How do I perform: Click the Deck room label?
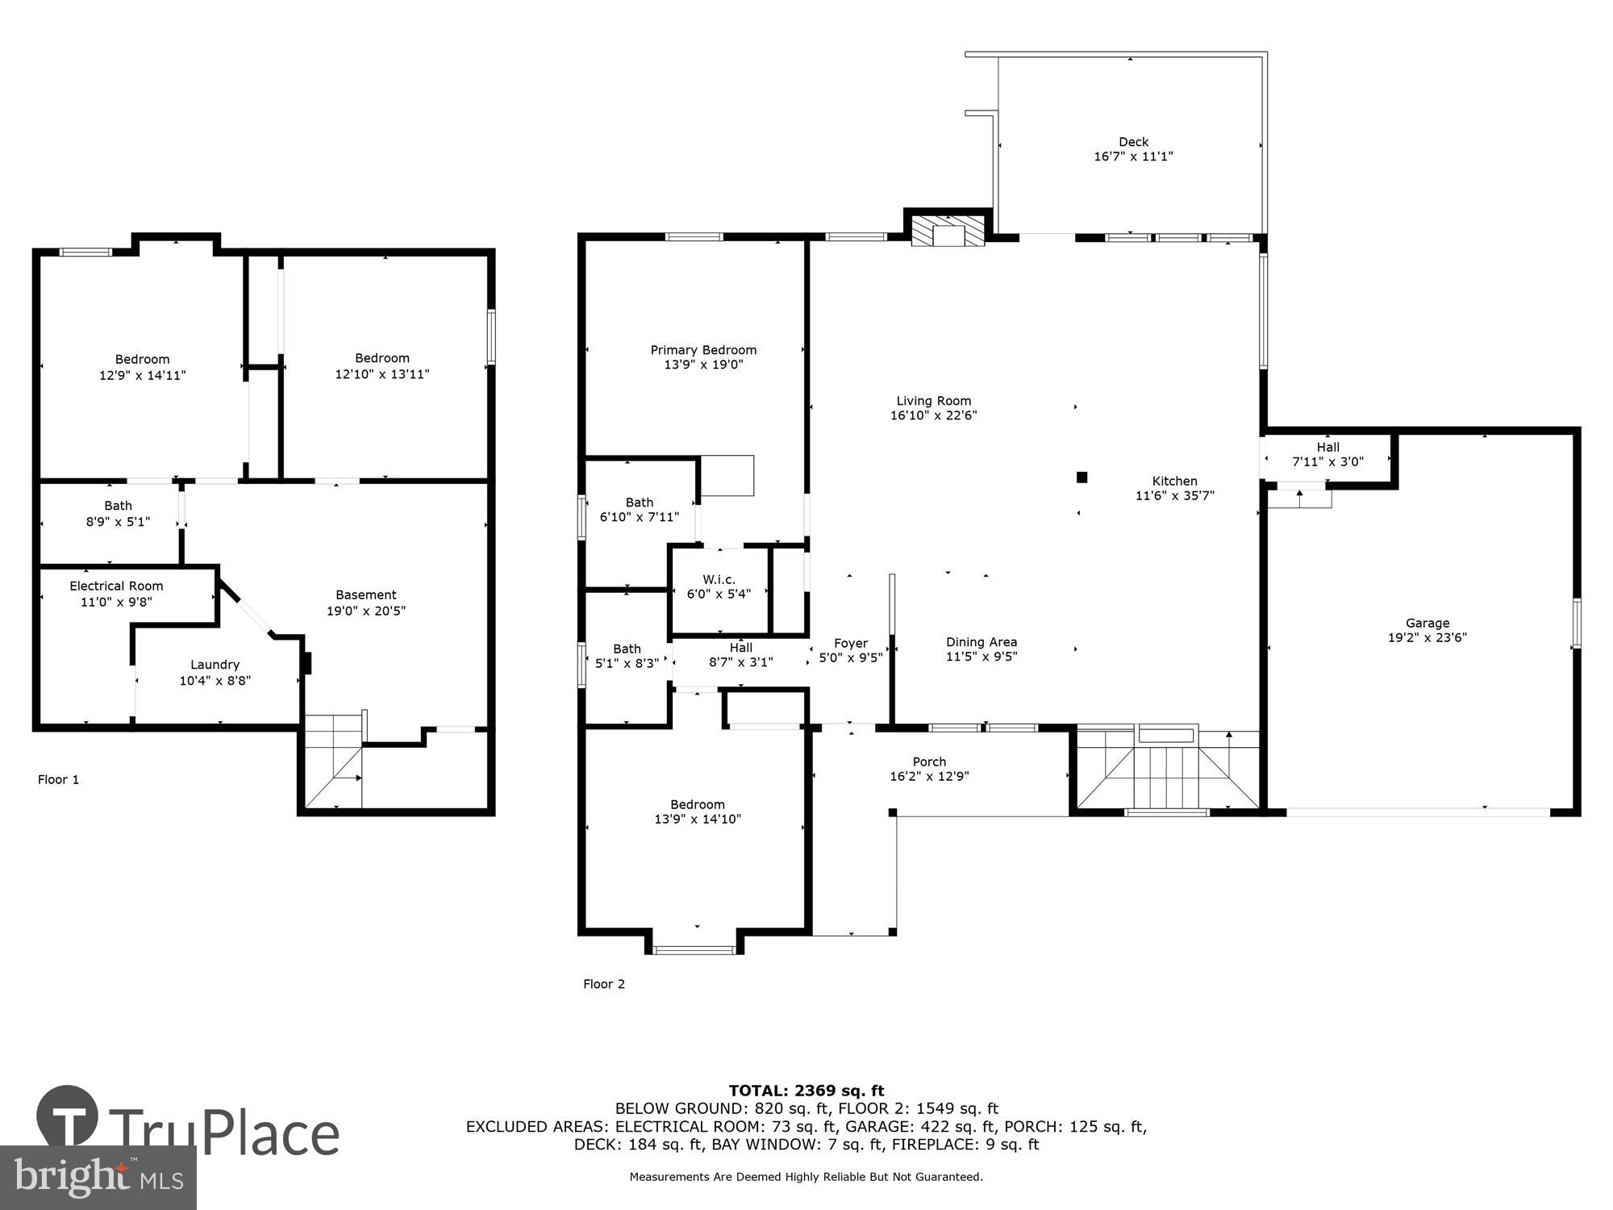[1133, 142]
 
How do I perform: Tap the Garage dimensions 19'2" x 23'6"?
[1428, 637]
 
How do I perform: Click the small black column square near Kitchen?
[1082, 478]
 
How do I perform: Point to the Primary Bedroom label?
[703, 350]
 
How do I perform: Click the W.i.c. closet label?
[719, 580]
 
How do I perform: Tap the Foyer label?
[851, 643]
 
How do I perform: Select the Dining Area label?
[982, 642]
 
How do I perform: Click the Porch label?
[929, 761]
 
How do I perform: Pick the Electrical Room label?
[116, 586]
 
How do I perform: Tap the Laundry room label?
[215, 665]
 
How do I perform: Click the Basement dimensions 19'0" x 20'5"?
[365, 611]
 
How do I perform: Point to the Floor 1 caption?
[58, 779]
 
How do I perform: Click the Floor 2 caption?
[604, 983]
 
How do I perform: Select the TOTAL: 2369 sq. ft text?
[806, 1091]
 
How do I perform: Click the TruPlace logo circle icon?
[68, 1117]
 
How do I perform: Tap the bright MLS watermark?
[98, 1178]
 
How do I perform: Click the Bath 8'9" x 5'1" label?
[118, 513]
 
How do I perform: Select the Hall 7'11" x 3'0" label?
[1327, 454]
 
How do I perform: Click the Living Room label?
[934, 401]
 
